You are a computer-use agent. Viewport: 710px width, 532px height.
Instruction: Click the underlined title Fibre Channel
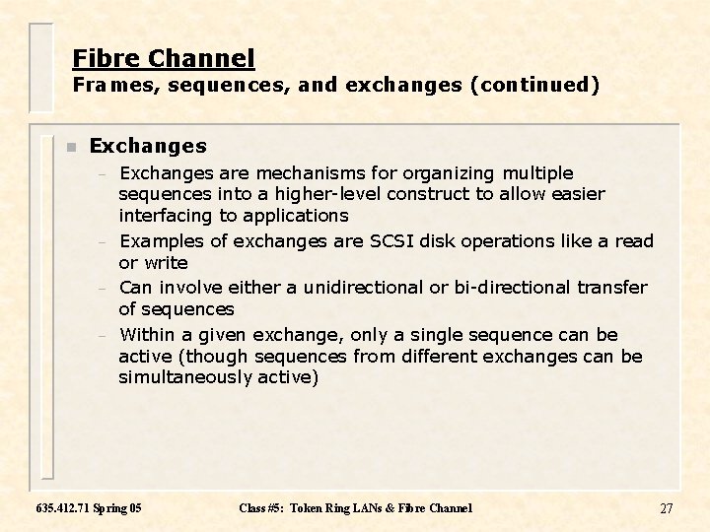pos(164,59)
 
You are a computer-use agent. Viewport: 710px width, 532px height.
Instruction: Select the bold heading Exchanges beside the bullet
pos(148,147)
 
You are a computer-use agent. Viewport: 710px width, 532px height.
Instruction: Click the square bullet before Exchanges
pos(70,148)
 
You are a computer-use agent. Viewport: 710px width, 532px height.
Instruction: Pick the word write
pos(167,263)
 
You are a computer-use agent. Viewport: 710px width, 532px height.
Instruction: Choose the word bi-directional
pos(514,288)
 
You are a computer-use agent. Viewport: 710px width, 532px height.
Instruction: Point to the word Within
pos(147,336)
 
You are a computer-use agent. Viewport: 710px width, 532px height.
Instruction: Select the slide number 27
pos(666,508)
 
